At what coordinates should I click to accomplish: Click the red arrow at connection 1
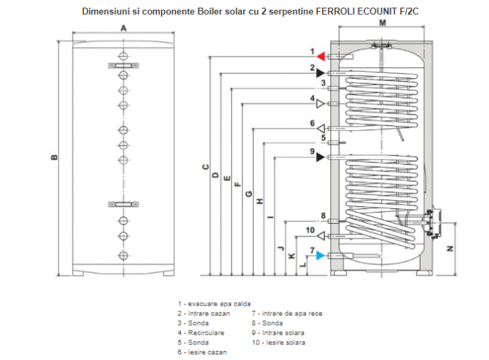point(321,56)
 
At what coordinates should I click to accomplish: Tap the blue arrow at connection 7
point(321,255)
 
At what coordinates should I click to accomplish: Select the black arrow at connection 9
point(320,157)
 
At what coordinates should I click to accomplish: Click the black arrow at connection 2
point(320,73)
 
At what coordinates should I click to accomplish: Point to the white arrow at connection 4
point(321,104)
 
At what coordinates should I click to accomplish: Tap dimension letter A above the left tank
point(123,29)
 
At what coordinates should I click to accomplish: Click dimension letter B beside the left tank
point(54,157)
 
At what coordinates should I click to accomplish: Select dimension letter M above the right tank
point(382,23)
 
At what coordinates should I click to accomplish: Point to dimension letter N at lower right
point(451,248)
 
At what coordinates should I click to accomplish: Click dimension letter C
point(205,167)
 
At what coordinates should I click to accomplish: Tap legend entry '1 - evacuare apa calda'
point(214,304)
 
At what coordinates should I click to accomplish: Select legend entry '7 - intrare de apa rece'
point(287,314)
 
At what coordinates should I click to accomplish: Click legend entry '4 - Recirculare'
point(201,333)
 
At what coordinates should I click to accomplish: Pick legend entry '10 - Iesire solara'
point(279,343)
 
